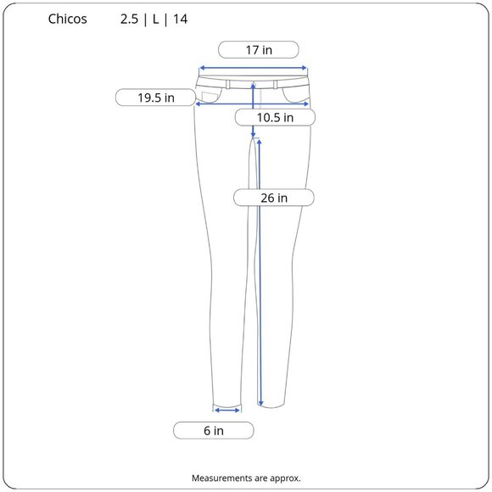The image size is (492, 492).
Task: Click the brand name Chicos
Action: click(x=68, y=19)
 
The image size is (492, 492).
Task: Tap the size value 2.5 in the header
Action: click(x=129, y=20)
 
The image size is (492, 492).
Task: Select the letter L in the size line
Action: click(x=155, y=20)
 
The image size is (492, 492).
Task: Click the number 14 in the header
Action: click(x=181, y=20)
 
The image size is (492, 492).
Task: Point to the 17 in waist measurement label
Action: click(x=259, y=50)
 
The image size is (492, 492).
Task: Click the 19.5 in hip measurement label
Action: click(x=155, y=98)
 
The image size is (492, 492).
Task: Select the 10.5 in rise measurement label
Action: click(x=275, y=118)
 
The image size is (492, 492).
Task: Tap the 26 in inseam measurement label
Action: click(x=274, y=198)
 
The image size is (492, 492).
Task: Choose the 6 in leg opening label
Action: click(x=214, y=431)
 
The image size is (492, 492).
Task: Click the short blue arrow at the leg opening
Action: click(x=227, y=410)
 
